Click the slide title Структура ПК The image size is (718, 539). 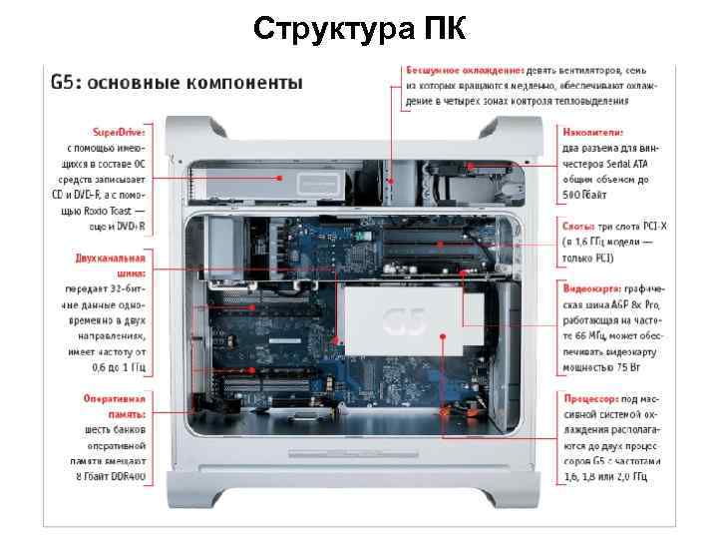tap(358, 28)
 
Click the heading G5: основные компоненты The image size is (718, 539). tap(176, 83)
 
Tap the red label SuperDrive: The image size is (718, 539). tap(119, 132)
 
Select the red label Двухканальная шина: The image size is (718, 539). tap(111, 265)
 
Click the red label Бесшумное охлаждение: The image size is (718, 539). tap(464, 71)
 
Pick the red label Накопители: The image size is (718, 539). tap(593, 132)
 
